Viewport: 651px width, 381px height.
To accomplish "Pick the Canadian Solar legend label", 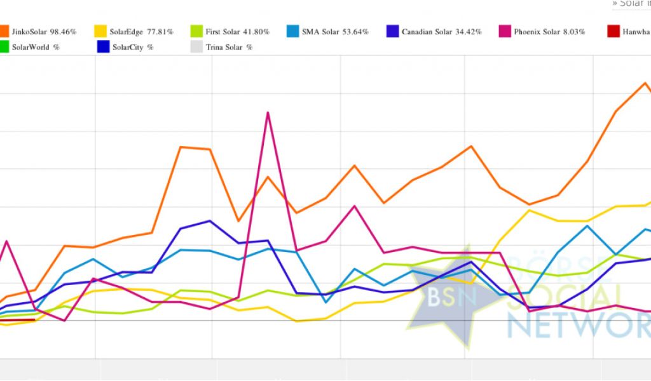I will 426,32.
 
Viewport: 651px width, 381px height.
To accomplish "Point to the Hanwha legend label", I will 638,32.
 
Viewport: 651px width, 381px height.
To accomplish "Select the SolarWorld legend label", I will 31,47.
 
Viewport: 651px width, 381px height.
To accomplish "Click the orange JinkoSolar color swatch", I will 5,31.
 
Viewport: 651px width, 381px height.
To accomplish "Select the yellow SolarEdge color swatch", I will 100,31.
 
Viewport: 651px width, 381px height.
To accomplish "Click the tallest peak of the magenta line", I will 268,112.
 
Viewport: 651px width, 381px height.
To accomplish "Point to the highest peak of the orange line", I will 645,83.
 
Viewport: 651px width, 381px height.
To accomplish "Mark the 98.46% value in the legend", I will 63,32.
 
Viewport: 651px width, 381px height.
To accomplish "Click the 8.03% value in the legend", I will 574,32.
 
